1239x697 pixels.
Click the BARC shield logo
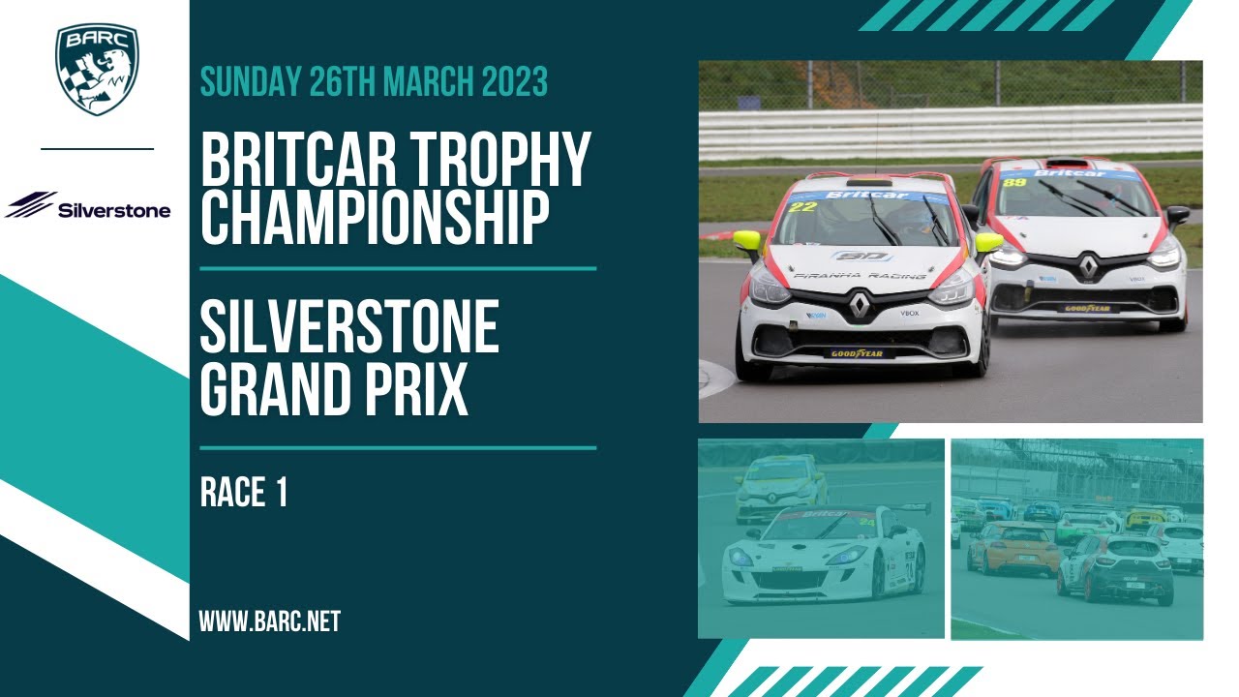[97, 69]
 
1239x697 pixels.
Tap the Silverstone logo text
[114, 210]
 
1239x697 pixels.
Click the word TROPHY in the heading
[513, 162]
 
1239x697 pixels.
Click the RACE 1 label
[244, 494]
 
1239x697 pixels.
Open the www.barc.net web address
[270, 621]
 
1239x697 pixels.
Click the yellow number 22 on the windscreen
[802, 206]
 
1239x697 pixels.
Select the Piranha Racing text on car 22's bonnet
[860, 276]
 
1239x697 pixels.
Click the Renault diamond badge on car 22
[860, 307]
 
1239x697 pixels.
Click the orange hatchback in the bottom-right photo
[1012, 548]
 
